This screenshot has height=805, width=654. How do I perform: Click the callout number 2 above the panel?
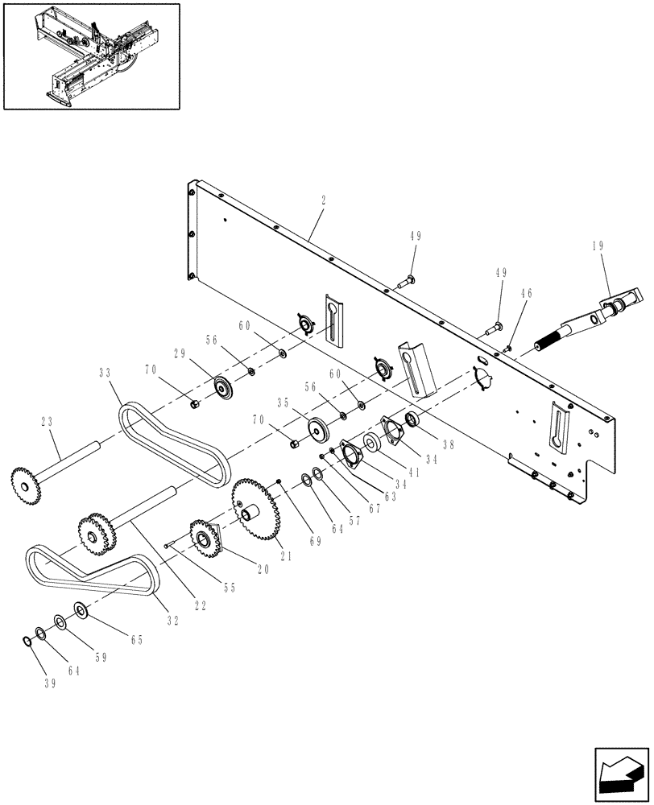(x=323, y=200)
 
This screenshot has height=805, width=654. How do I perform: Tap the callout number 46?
(x=527, y=295)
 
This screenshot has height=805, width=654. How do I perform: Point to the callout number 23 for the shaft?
(x=46, y=420)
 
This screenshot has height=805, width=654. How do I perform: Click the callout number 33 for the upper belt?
(x=105, y=373)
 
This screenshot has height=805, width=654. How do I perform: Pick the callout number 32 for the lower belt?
(x=172, y=621)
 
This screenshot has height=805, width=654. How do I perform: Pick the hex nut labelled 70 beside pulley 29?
(x=195, y=403)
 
